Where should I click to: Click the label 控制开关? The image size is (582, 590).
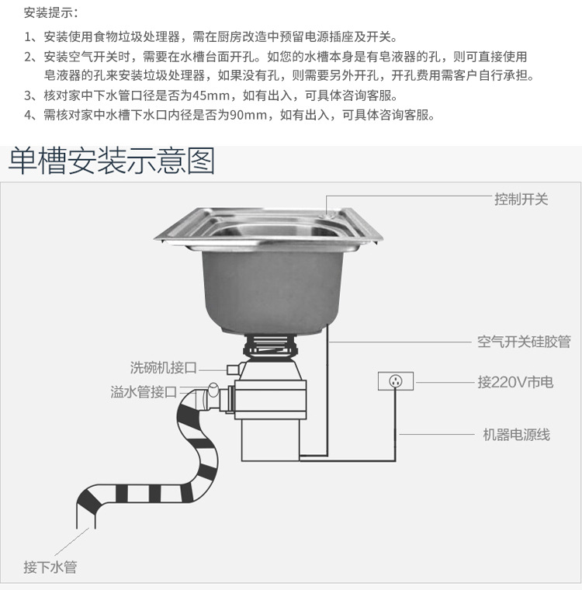point(521,200)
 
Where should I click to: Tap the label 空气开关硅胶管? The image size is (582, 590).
point(524,342)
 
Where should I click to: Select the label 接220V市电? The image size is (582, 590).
point(515,382)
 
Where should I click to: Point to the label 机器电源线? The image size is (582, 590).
point(516,435)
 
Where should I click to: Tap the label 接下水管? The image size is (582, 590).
point(50,567)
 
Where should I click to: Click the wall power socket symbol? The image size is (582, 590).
point(395,381)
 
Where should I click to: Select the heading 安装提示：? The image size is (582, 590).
point(50,13)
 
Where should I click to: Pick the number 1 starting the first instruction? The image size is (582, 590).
point(28,36)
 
